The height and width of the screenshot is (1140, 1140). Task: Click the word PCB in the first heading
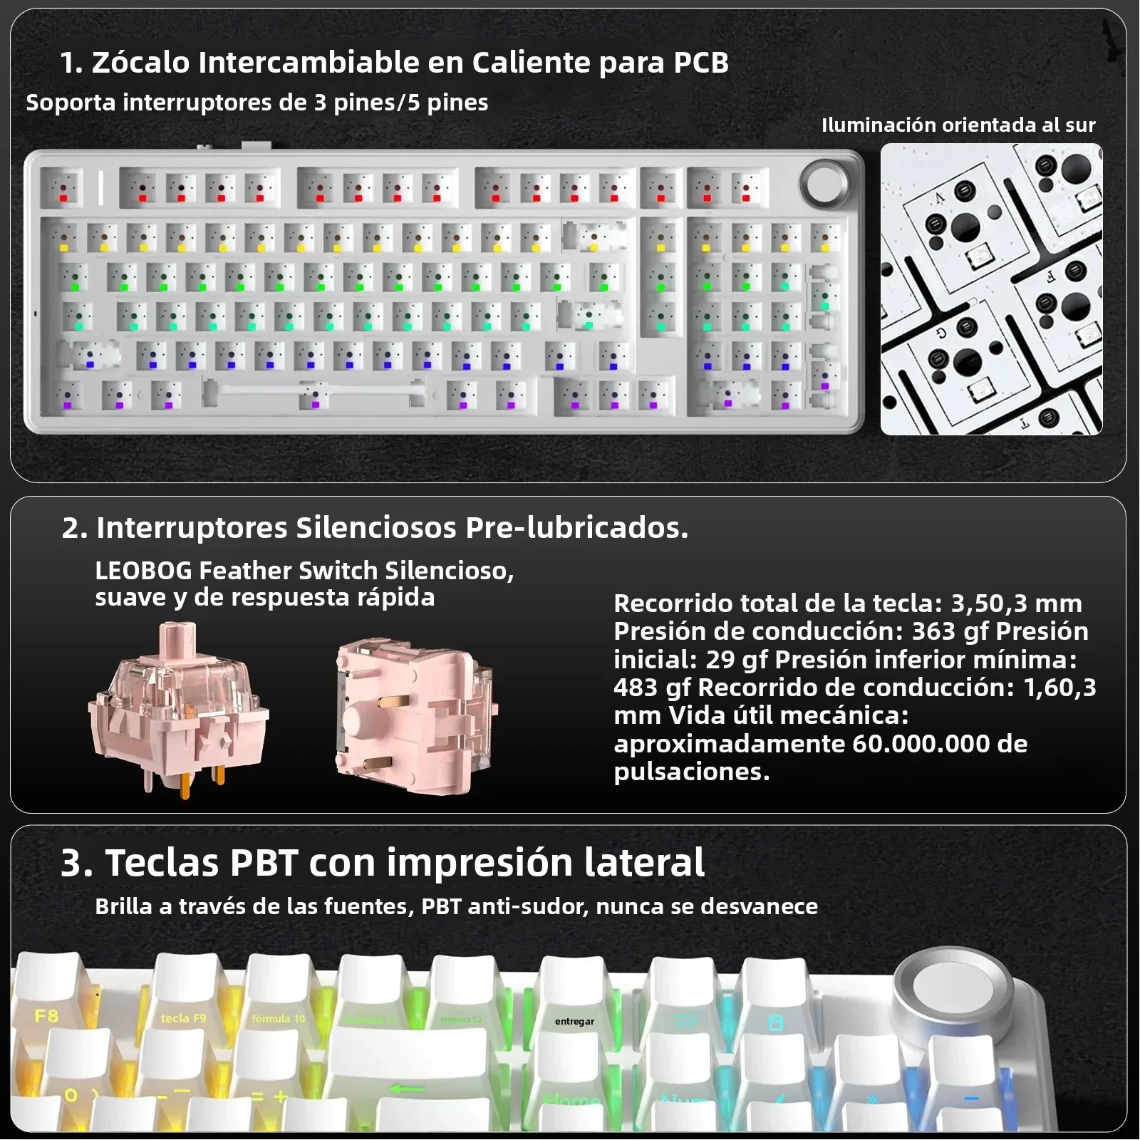coord(700,63)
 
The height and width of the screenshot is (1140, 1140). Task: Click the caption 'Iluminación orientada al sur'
coord(958,125)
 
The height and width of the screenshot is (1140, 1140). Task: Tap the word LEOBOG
coord(143,571)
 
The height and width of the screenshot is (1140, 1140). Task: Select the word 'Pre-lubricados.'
coord(576,528)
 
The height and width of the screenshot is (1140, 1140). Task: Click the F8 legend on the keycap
coord(46,1016)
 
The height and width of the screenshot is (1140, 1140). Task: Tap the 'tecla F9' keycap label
coord(183,1018)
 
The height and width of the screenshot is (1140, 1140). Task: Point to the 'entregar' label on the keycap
coord(574,1021)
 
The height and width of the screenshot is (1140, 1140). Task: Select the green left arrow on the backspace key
coord(407,1089)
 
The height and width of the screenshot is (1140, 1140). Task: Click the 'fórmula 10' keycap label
coord(278,1019)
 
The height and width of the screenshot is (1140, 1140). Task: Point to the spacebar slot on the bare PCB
coord(313,390)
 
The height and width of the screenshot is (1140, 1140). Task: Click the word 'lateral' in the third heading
coord(644,863)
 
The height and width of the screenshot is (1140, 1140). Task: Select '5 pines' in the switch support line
coord(447,103)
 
